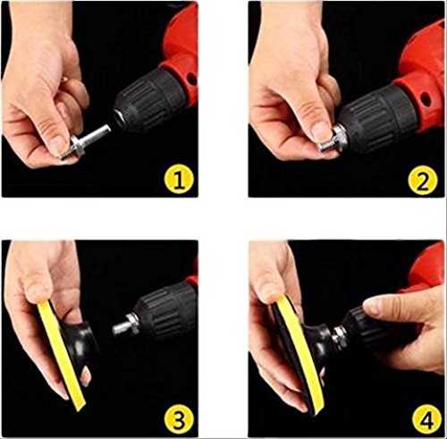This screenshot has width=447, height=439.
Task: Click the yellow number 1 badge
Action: click(179, 179)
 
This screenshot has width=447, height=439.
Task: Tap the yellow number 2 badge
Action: click(423, 180)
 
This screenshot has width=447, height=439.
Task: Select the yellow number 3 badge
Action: click(179, 419)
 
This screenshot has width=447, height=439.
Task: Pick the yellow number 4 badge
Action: click(426, 420)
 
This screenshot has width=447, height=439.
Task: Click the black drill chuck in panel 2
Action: click(377, 118)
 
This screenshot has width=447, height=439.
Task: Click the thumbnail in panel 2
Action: click(321, 131)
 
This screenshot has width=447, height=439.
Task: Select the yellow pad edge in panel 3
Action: click(61, 355)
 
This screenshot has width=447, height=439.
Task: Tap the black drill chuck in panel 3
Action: click(165, 313)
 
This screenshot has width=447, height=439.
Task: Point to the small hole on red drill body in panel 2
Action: click(426, 99)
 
